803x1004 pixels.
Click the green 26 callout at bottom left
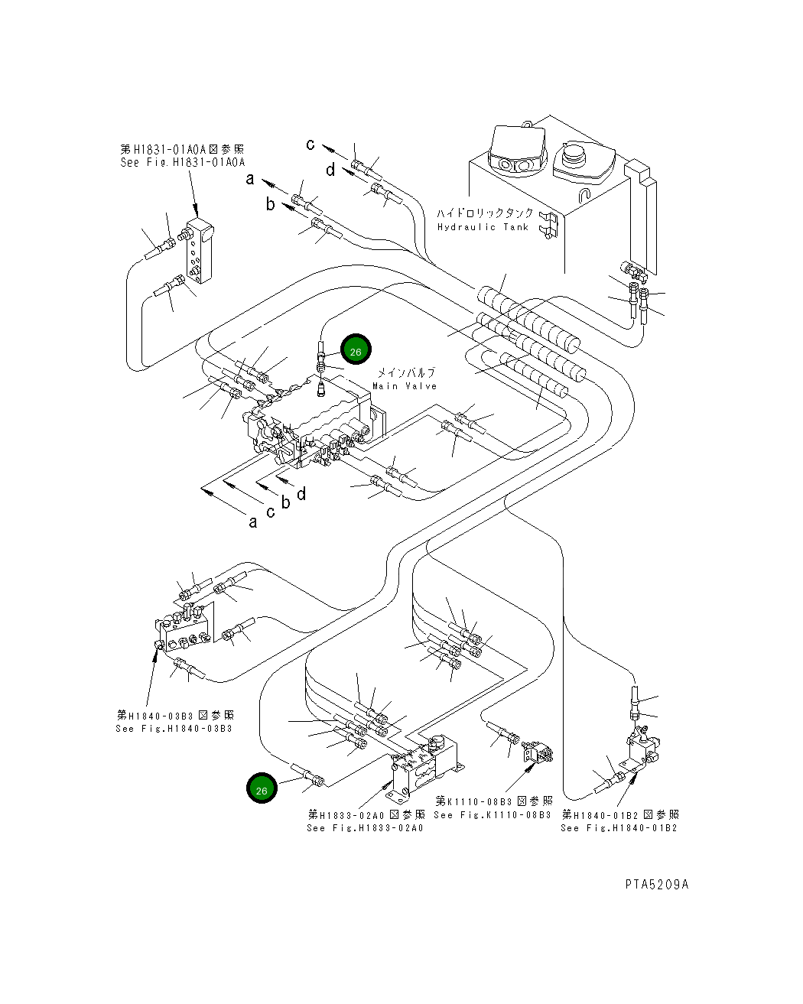point(262,788)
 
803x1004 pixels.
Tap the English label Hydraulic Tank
point(483,227)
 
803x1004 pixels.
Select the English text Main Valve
point(405,386)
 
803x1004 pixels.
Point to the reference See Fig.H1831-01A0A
point(183,163)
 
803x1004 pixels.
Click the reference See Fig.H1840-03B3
point(174,729)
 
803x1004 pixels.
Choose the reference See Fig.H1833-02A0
point(365,828)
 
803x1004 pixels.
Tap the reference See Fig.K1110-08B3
point(493,815)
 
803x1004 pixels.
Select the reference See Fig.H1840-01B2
point(619,828)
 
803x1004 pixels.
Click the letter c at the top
point(310,145)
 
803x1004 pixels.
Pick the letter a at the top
point(249,180)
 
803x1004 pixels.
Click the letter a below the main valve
point(253,522)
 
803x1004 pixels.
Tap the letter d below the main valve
point(302,494)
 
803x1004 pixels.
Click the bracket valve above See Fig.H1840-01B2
point(642,749)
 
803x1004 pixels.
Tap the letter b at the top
point(270,204)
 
